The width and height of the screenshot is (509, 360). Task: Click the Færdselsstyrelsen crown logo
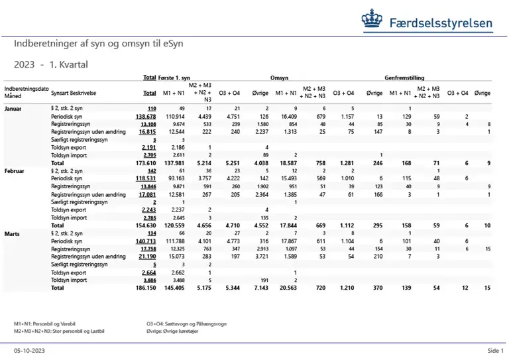[x=372, y=21]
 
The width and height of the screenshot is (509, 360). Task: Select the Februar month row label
[x=15, y=170]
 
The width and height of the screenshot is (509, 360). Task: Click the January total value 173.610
[x=144, y=162]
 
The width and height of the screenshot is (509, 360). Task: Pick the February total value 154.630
[x=144, y=225]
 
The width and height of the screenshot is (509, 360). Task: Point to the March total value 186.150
[x=144, y=288]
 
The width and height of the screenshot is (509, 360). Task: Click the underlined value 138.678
[x=145, y=116]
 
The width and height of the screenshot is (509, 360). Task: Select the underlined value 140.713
[x=145, y=241]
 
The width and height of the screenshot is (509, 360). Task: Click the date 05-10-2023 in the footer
[x=28, y=350]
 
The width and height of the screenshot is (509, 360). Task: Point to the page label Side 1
[x=495, y=350]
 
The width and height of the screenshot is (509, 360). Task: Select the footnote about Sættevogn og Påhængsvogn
[x=186, y=323]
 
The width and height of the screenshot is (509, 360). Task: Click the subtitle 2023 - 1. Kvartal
[x=50, y=64]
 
